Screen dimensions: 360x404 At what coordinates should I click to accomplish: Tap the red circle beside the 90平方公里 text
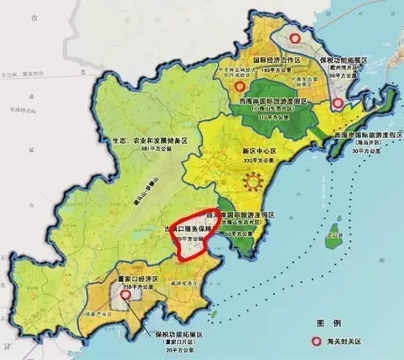click(338, 104)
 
